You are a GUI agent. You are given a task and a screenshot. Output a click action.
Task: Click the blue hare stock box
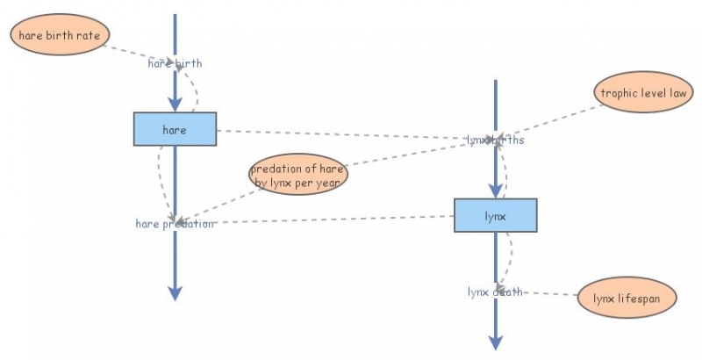tap(175, 130)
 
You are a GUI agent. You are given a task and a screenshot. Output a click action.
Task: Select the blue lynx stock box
tap(495, 215)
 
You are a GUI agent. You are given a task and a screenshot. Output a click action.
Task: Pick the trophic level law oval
tap(647, 92)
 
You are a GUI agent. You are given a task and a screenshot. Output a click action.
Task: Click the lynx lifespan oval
tap(627, 299)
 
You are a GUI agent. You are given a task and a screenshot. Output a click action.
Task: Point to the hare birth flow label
tap(175, 63)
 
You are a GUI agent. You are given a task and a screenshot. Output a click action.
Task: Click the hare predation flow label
tap(175, 224)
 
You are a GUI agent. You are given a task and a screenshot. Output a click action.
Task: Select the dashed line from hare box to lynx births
tap(342, 135)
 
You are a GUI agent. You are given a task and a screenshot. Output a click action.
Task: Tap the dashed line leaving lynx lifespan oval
tap(548, 293)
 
